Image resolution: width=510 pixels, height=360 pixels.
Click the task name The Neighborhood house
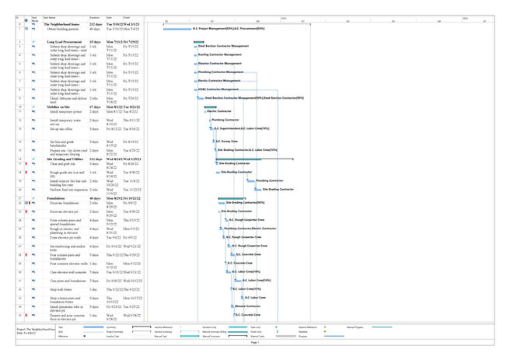pos(61,24)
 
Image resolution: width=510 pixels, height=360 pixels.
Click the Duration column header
pos(95,16)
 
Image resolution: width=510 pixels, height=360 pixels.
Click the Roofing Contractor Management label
pos(224,54)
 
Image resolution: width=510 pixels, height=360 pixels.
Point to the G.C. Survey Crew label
pos(226,142)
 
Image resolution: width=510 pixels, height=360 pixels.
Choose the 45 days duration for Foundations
pos(95,198)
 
